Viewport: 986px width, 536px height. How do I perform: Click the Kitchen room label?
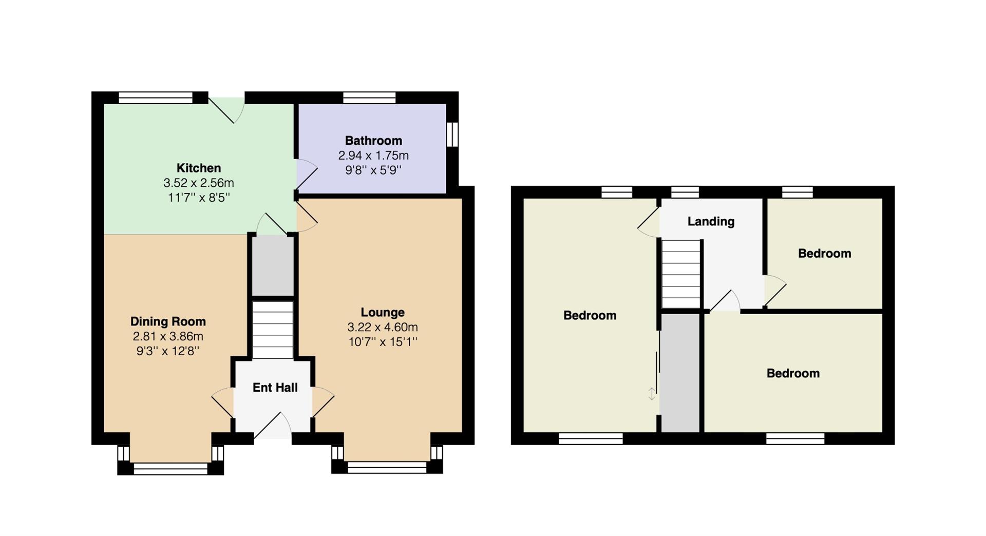tap(199, 168)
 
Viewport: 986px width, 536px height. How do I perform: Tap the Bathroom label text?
tap(373, 141)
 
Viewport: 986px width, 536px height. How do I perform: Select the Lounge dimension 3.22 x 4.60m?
tap(383, 327)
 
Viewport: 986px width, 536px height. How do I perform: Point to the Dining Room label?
tap(168, 321)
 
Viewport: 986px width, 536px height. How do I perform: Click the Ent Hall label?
tap(275, 388)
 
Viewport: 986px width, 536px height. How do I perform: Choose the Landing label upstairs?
tap(711, 221)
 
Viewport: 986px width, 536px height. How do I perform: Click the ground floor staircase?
tap(273, 330)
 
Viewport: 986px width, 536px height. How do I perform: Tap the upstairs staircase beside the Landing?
tap(681, 274)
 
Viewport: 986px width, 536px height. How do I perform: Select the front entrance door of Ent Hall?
tap(273, 426)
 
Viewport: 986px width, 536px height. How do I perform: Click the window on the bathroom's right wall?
tap(452, 134)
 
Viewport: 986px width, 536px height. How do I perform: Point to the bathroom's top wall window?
tap(369, 98)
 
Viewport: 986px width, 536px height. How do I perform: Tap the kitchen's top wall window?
tap(156, 98)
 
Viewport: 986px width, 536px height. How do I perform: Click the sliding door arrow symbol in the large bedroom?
tap(652, 394)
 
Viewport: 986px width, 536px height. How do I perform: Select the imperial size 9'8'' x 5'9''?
tap(373, 170)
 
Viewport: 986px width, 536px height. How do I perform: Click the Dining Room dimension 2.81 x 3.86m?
tap(168, 336)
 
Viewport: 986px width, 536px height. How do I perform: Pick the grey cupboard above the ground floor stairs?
tap(273, 265)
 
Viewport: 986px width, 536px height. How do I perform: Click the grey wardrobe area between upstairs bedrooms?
tap(680, 373)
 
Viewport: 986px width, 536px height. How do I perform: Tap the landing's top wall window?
tap(685, 192)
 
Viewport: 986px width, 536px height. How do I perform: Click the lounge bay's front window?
tap(387, 467)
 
